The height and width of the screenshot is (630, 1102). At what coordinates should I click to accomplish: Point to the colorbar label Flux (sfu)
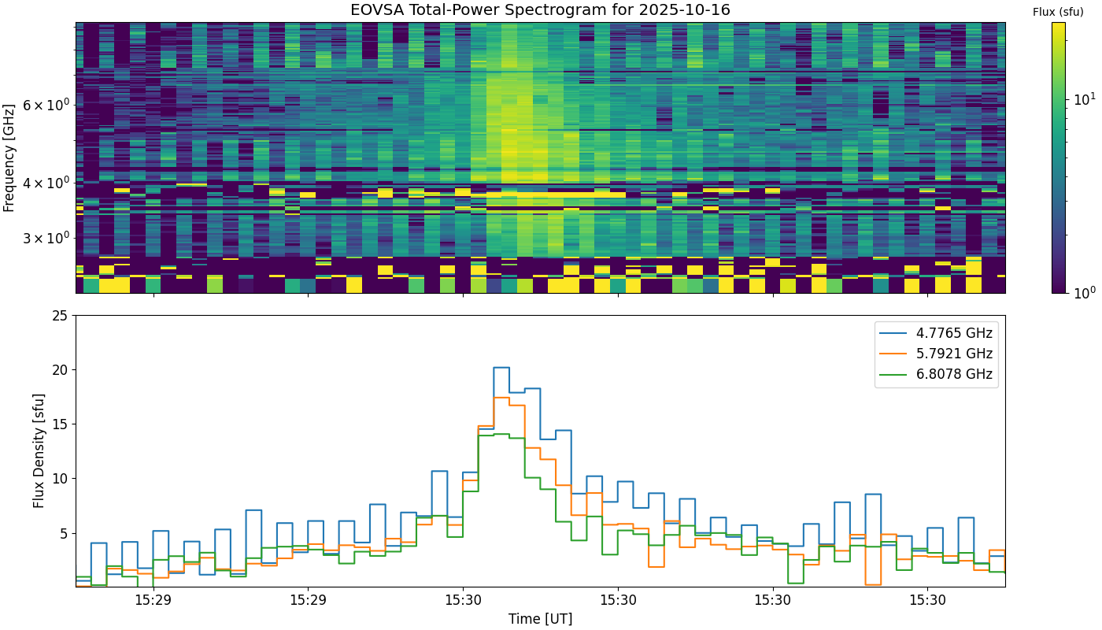[1058, 13]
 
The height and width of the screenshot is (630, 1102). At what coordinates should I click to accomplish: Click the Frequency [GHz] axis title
[9, 158]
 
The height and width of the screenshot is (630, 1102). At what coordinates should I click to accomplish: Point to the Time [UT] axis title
[540, 619]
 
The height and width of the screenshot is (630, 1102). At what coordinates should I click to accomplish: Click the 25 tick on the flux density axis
[60, 316]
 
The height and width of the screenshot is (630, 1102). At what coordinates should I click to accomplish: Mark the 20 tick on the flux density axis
[60, 370]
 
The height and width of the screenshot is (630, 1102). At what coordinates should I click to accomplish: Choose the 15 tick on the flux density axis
[60, 424]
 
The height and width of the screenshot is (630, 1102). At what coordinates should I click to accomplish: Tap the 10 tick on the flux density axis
[60, 479]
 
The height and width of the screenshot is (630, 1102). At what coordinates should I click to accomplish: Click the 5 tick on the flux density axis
[64, 534]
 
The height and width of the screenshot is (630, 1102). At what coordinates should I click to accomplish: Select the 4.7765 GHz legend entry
[936, 333]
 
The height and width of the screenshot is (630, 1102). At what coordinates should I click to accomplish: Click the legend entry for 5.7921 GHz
[936, 354]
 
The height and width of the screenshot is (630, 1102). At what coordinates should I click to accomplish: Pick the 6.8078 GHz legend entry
[936, 374]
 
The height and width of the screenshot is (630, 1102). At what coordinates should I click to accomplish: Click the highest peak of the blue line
[501, 368]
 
